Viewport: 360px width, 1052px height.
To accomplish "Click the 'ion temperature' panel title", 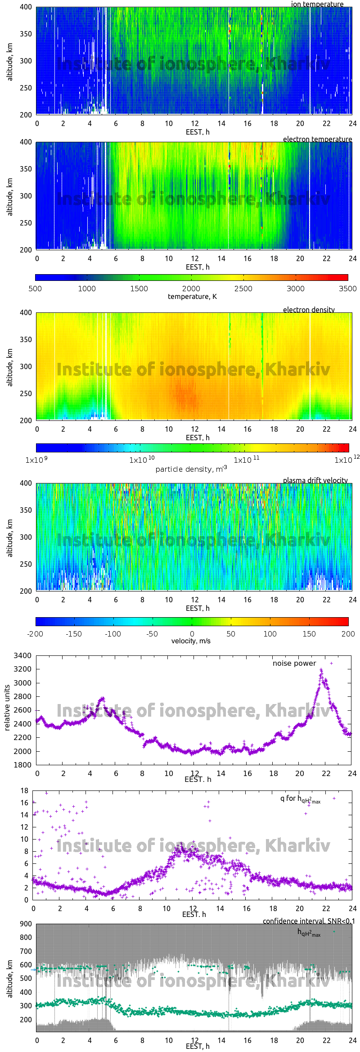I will [317, 4].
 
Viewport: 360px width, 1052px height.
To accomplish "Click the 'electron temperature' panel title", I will [317, 139].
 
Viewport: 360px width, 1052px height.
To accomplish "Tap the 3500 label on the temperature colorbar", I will [347, 289].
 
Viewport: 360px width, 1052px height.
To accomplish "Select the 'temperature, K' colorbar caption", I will [192, 296].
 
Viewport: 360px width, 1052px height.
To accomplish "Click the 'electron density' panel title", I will [309, 310].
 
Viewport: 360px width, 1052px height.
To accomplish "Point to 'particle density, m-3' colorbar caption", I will [191, 469].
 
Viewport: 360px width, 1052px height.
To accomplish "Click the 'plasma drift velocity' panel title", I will [315, 480].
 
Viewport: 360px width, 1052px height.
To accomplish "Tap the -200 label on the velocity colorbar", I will [35, 634].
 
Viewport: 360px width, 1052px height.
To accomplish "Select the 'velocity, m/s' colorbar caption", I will [191, 641].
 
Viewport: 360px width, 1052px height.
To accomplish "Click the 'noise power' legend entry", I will [294, 663].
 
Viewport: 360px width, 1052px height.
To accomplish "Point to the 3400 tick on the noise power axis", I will [22, 655].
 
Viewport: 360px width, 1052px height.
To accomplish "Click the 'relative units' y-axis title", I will [7, 708].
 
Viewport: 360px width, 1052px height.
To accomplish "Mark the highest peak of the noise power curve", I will [321, 670].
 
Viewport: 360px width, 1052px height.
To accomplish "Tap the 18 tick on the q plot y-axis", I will [24, 790].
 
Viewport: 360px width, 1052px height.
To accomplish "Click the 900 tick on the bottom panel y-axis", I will [26, 924].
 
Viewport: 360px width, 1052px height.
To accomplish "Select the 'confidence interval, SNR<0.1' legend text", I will [309, 921].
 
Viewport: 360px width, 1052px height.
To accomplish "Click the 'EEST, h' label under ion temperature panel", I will [198, 132].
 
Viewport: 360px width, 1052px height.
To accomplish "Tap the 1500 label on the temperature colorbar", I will [139, 289].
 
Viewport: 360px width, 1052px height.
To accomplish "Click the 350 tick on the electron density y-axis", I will [26, 339].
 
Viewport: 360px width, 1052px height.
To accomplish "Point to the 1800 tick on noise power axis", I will [22, 765].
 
